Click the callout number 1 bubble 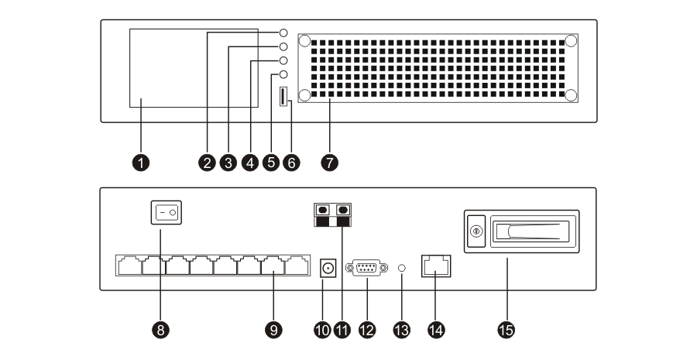pos(140,162)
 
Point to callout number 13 pos(401,330)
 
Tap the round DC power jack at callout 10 pos(329,268)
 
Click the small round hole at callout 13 pos(401,268)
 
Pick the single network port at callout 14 pos(437,266)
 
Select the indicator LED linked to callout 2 pos(283,34)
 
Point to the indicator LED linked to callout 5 pos(283,75)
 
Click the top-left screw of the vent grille pos(304,40)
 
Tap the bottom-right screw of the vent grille pos(571,94)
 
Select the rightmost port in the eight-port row pos(297,266)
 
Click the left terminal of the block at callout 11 pos(322,210)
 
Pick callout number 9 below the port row pos(273,330)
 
